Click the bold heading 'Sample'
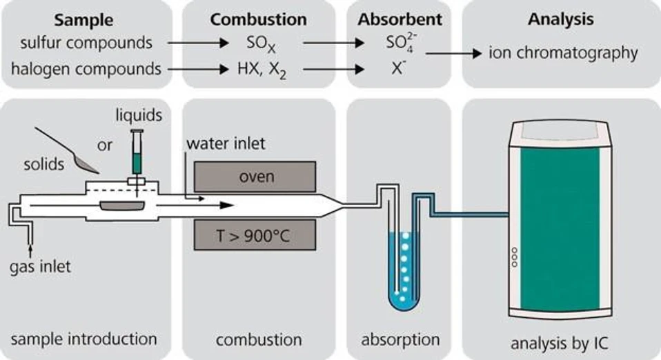pos(84,19)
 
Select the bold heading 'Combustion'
pos(258,19)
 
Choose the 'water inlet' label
pos(224,144)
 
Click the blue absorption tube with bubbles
pos(400,269)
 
